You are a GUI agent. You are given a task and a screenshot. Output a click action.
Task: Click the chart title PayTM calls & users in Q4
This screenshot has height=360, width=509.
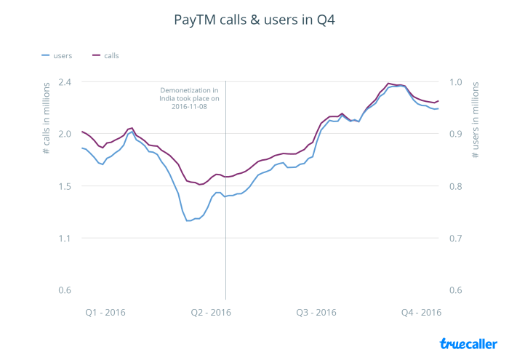(254, 20)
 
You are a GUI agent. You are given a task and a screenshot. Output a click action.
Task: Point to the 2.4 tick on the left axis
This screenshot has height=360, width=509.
(65, 81)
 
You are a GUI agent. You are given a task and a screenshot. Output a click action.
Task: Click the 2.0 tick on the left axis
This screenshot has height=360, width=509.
(65, 134)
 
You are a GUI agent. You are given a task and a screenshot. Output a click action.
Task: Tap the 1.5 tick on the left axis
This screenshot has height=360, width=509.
(65, 186)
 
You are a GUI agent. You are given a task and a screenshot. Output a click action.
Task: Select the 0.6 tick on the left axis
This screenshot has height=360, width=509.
(65, 291)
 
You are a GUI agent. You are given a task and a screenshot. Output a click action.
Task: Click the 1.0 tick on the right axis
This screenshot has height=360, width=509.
(455, 81)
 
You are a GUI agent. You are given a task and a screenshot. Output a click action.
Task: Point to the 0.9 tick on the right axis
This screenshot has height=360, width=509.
(455, 134)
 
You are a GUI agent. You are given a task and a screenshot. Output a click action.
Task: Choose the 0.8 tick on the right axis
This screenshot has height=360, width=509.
(455, 186)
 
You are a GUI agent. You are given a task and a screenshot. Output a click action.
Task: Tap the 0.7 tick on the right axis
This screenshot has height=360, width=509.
(455, 239)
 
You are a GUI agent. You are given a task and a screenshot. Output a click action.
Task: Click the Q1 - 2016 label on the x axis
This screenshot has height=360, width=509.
(105, 313)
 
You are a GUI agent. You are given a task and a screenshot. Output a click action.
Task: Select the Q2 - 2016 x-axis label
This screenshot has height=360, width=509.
(211, 313)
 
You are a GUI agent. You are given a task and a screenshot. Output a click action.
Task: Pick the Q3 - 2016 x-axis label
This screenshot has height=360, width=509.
(316, 313)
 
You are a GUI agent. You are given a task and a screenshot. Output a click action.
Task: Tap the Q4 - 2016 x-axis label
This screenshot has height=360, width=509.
(422, 313)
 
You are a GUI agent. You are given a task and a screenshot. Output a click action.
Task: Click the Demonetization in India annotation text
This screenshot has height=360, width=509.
(190, 98)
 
